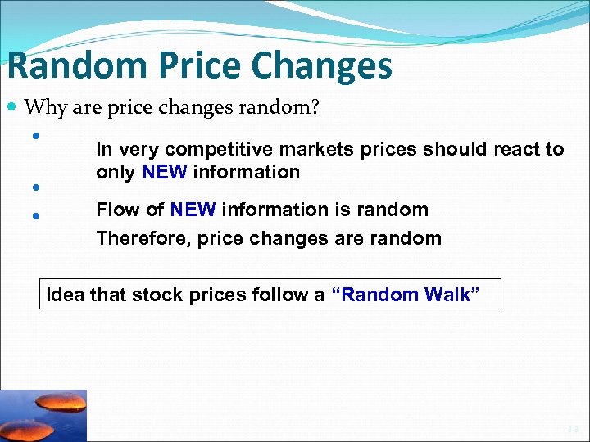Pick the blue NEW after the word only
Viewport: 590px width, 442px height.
click(165, 172)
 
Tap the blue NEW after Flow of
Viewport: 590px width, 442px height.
click(193, 210)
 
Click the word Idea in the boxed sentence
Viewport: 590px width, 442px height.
click(66, 294)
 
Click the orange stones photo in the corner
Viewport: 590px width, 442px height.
click(43, 415)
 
